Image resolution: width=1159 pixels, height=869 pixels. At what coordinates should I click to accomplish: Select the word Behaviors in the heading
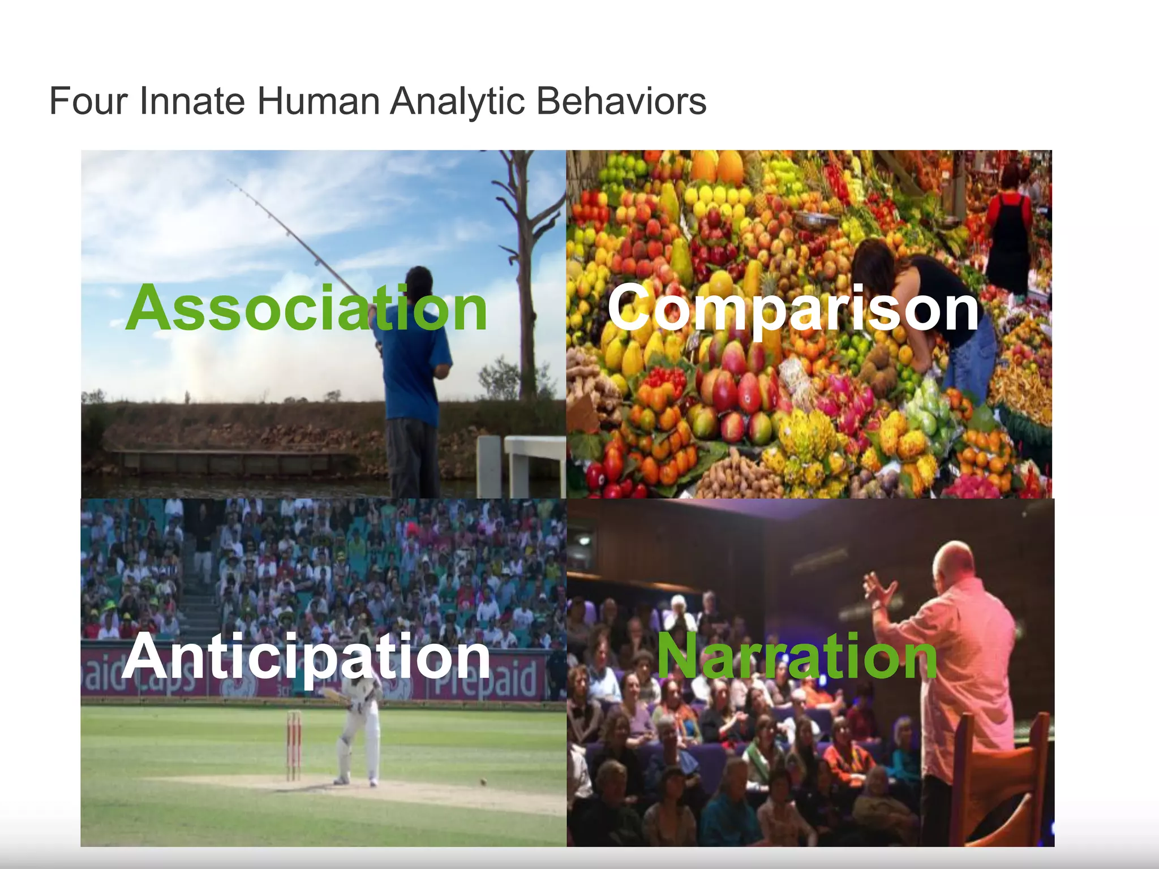click(621, 102)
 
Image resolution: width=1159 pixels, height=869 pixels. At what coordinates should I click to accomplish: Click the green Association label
click(306, 309)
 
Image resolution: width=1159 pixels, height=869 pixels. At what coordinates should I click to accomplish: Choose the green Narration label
click(797, 656)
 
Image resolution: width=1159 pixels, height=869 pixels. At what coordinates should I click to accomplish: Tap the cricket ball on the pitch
click(483, 782)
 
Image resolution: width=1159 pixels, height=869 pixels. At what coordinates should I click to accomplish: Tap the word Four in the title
click(88, 102)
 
